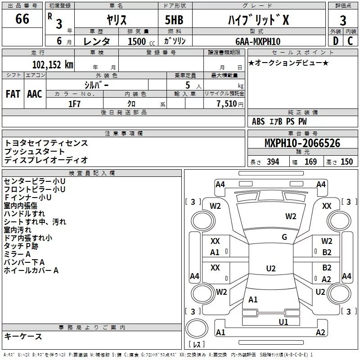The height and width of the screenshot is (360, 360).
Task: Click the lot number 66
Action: pos(22,19)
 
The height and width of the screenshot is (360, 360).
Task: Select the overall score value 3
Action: pos(343,20)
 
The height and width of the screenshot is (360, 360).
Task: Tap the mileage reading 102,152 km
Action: pos(53,64)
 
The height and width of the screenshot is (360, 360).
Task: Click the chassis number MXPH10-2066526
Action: pos(302,144)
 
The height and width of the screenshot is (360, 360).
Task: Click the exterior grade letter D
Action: pos(335,41)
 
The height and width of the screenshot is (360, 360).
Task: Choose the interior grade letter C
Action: pos(350,41)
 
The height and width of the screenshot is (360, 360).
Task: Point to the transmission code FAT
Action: pos(13,94)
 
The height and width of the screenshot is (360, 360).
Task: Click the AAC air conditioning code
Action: pos(34,94)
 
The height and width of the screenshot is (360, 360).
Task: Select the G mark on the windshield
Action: pos(284,237)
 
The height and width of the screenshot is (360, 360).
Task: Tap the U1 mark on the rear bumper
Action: pos(283,322)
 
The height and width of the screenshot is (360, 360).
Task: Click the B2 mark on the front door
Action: pos(327,252)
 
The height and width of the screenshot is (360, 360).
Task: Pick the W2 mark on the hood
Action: pos(291,216)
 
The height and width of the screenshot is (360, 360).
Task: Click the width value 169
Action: pos(310,162)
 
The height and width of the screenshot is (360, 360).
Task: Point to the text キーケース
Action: pos(23,336)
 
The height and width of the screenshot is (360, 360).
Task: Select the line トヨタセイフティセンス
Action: pos(46,143)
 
